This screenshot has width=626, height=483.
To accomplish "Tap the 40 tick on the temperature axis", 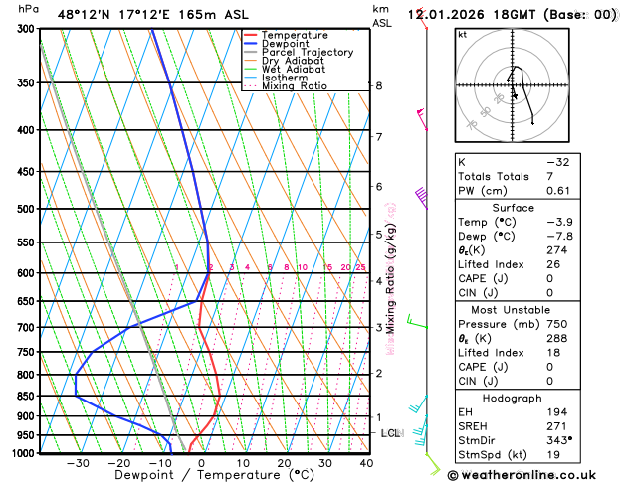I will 367,463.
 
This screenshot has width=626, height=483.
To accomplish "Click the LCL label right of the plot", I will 390,434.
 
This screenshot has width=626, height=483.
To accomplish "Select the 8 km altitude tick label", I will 378,85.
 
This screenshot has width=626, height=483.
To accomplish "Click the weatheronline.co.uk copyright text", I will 534,475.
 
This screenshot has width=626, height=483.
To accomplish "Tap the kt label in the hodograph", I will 462,34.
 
